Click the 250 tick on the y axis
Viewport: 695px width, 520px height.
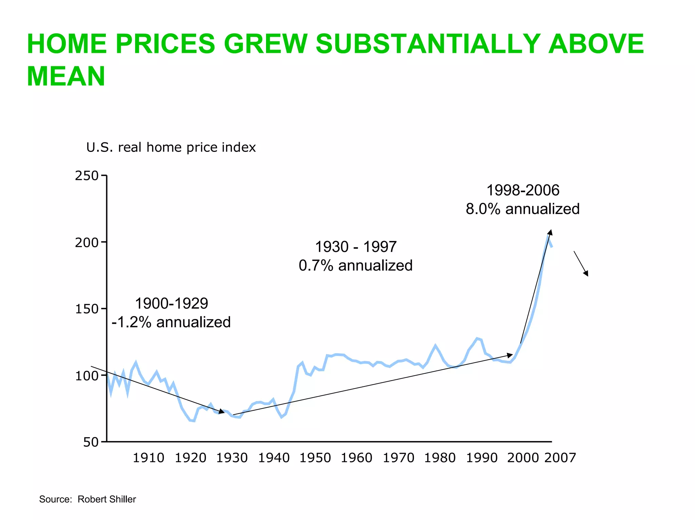[x=87, y=176]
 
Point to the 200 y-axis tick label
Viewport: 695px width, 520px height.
[x=87, y=243]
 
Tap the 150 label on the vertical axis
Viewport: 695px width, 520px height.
[x=87, y=309]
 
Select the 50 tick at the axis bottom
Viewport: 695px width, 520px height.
[x=91, y=442]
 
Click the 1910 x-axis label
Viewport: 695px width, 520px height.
[x=148, y=458]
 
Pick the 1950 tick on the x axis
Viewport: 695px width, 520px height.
[x=315, y=458]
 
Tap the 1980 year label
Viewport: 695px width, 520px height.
[x=440, y=458]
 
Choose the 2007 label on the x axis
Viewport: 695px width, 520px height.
[x=560, y=458]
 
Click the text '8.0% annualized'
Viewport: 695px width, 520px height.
[x=523, y=209]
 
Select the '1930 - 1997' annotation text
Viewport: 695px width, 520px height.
[x=356, y=247]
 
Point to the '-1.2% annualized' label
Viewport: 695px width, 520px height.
[x=171, y=322]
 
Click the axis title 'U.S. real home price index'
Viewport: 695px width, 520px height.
[x=171, y=147]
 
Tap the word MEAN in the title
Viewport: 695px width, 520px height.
[x=66, y=76]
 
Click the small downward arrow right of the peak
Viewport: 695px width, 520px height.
[x=581, y=264]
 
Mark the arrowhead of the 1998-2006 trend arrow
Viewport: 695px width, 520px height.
[x=550, y=232]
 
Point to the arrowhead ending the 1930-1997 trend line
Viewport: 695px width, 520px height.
[x=510, y=355]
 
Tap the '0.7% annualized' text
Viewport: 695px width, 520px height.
[x=356, y=265]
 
